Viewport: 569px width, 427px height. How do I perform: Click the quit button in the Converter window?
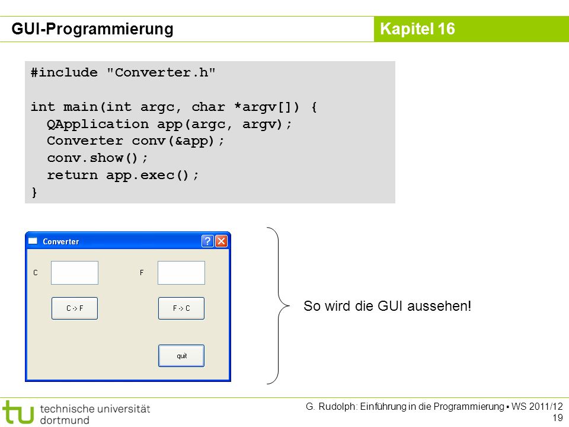pos(181,356)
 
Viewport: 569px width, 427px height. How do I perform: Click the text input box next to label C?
pos(75,273)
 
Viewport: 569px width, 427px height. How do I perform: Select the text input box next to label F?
pos(181,273)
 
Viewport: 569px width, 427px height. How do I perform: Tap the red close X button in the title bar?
pos(221,241)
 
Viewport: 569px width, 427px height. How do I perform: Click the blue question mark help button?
pos(207,241)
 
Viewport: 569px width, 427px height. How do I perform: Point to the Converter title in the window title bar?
pos(61,241)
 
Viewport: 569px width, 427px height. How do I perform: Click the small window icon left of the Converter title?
pos(33,241)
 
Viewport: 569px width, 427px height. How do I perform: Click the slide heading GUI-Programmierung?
pos(92,28)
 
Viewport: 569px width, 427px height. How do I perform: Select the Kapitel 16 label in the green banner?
pos(417,29)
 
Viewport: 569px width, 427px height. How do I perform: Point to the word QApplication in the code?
pos(98,124)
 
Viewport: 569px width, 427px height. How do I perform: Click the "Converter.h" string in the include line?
pos(161,72)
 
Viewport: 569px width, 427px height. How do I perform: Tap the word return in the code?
pos(72,176)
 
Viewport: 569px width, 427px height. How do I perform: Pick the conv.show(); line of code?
pos(98,158)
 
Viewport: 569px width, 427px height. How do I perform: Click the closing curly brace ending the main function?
pos(34,192)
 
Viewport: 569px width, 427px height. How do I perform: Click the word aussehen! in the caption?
pos(439,306)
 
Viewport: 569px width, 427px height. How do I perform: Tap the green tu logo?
pos(18,412)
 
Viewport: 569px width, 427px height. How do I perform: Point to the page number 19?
pos(557,418)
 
